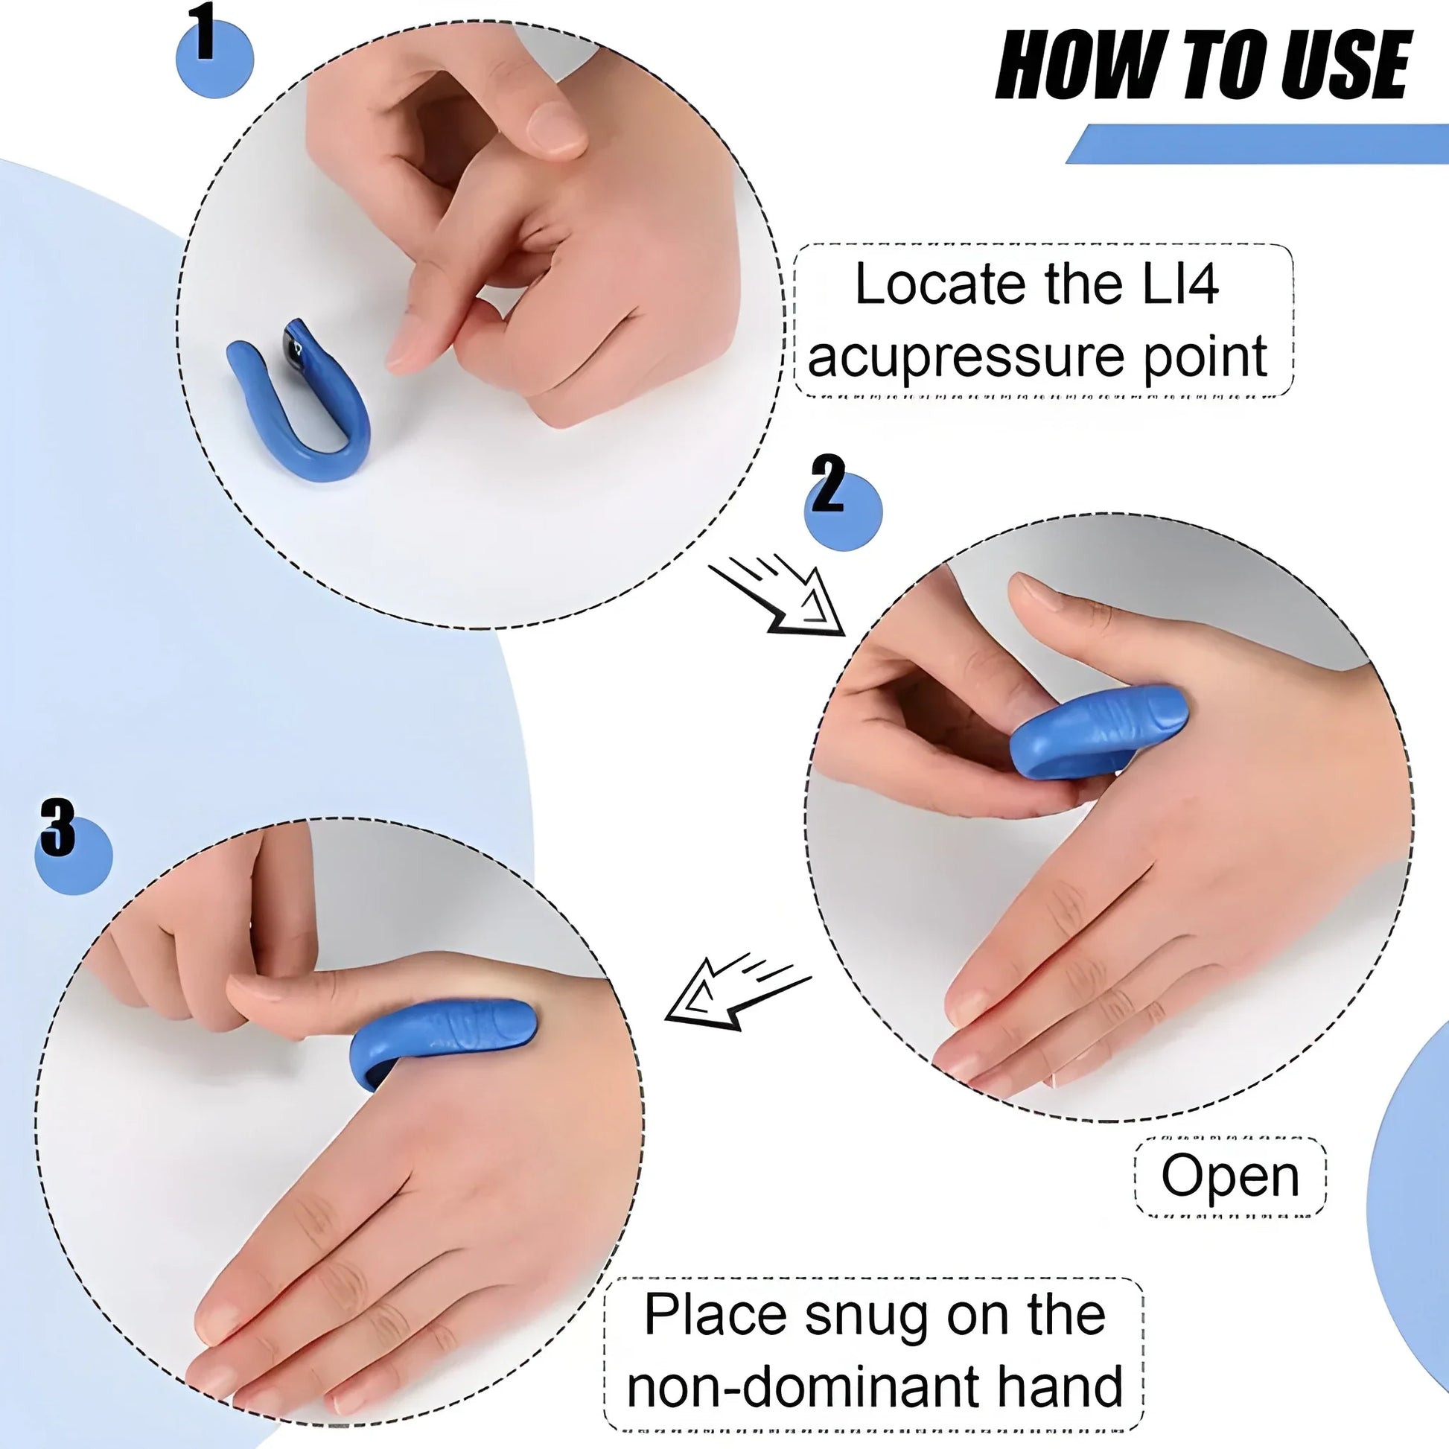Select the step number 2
point(827,485)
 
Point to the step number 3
point(59,827)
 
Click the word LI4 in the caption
point(1179,284)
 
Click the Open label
point(1230,1176)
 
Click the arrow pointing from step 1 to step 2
point(780,598)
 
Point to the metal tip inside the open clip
point(295,343)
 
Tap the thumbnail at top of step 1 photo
point(555,127)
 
